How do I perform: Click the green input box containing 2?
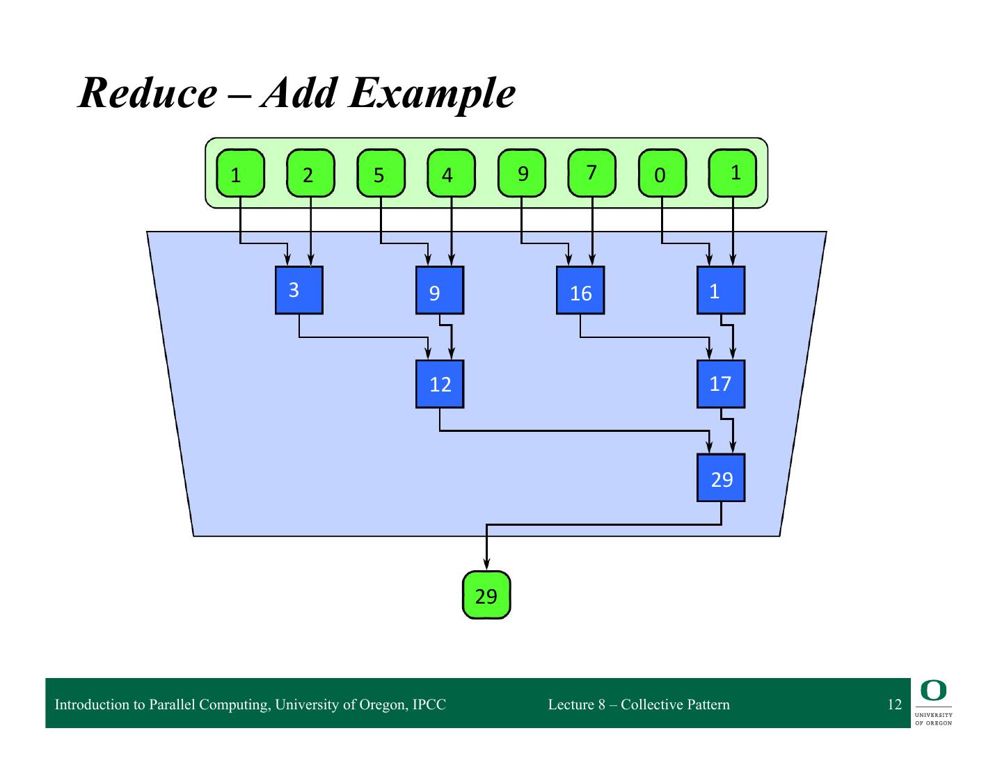coord(310,173)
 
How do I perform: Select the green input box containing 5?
coord(381,173)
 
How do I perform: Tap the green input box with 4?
coord(451,173)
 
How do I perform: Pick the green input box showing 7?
coord(592,173)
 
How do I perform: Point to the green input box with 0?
coord(662,173)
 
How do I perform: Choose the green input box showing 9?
coord(523,173)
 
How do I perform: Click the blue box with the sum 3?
coord(299,290)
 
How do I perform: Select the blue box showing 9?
coord(440,290)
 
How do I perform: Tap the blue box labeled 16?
coord(580,290)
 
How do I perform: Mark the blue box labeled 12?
coord(440,384)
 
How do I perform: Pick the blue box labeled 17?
coord(721,384)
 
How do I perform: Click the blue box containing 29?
coord(721,478)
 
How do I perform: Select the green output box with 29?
coord(486,595)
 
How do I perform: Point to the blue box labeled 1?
coord(721,290)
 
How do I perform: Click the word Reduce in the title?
coord(147,92)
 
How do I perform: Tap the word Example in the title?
coord(431,92)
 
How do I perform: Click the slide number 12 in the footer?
coord(894,704)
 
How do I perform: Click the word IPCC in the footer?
coord(429,704)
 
